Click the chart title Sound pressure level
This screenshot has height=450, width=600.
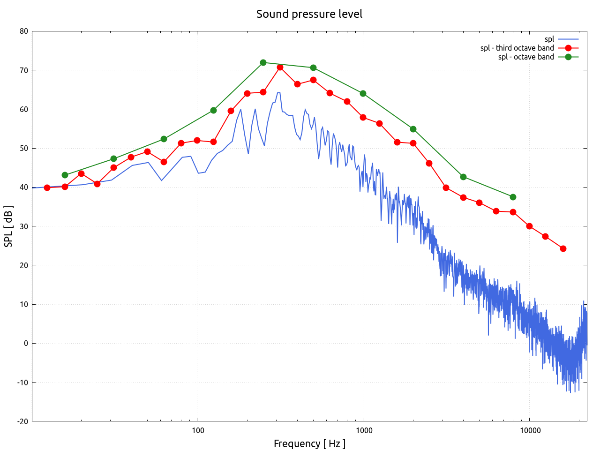309,14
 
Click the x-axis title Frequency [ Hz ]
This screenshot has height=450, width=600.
309,443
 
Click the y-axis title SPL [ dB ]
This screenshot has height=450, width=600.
8,226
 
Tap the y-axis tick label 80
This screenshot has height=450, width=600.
23,31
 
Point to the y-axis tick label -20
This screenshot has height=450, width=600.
22,421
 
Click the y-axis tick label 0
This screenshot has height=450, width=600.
26,343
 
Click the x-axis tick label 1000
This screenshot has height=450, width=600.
363,431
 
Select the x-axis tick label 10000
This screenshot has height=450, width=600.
529,431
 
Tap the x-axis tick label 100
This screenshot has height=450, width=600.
197,431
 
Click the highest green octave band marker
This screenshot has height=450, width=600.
263,62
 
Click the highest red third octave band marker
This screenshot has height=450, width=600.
280,67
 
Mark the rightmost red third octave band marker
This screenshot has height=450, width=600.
563,248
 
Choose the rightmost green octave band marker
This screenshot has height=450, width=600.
513,197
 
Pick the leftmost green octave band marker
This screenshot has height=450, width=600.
65,175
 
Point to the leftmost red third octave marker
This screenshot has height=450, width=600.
47,187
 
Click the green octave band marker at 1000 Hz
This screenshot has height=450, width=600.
363,93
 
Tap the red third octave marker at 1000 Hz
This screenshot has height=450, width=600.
363,117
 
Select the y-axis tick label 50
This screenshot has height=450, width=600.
23,148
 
